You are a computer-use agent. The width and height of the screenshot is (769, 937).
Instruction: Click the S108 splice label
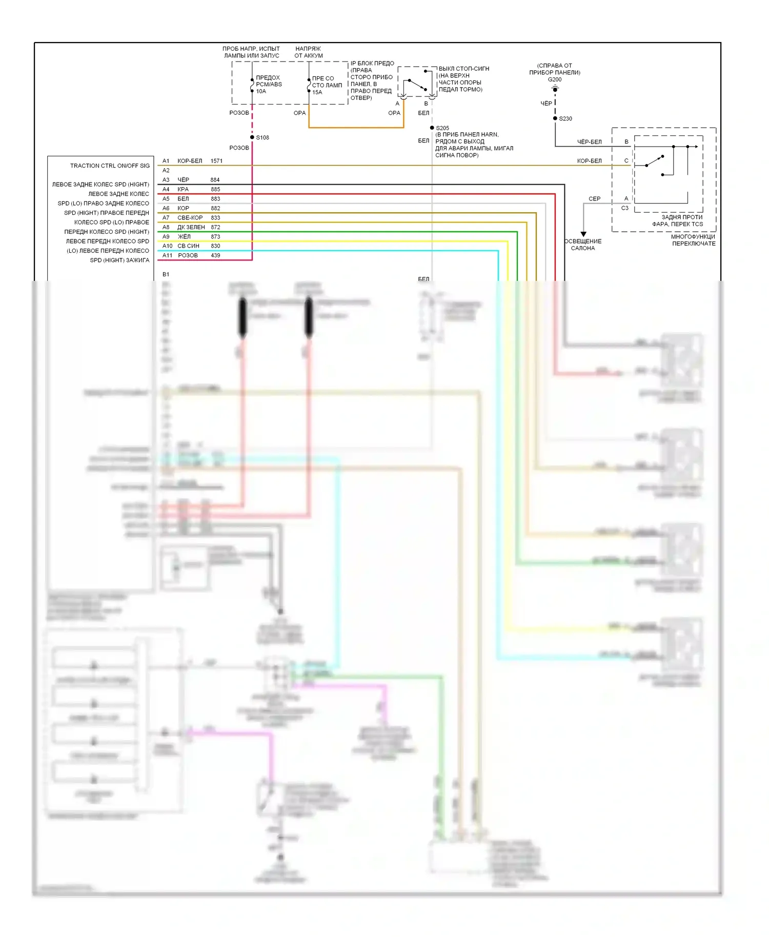click(x=262, y=137)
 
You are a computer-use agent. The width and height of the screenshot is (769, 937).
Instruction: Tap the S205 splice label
click(x=442, y=128)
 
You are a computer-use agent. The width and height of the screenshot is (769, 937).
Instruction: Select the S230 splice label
click(x=565, y=118)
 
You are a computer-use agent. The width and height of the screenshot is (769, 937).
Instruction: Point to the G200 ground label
click(x=555, y=79)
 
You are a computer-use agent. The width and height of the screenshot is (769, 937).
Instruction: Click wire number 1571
click(x=216, y=161)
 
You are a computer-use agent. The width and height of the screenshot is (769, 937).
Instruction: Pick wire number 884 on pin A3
click(x=215, y=180)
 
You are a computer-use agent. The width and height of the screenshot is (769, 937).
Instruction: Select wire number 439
click(x=215, y=255)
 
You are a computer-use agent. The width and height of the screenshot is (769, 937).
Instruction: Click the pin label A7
click(x=166, y=218)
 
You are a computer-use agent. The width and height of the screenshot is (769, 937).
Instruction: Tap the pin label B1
click(x=166, y=274)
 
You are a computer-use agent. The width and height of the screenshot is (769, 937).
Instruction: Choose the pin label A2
click(x=166, y=170)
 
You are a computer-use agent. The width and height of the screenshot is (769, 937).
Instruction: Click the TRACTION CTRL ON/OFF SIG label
click(x=110, y=166)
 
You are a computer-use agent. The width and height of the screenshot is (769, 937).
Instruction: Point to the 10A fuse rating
click(x=261, y=91)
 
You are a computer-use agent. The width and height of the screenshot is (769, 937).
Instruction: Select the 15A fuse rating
click(x=317, y=92)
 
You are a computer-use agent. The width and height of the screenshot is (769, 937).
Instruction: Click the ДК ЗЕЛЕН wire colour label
click(x=191, y=227)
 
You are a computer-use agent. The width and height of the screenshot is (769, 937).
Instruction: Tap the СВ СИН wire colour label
click(x=188, y=246)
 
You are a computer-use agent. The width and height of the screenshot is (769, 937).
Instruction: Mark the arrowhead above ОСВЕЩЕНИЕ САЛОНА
click(x=583, y=234)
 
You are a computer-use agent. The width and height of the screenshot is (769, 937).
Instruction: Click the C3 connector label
click(x=624, y=208)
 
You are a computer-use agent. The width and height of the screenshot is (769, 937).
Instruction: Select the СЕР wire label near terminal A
click(x=594, y=199)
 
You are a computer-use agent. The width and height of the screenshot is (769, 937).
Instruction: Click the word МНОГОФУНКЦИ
click(x=693, y=237)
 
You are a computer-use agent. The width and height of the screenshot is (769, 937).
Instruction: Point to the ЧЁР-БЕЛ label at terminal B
click(x=589, y=142)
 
